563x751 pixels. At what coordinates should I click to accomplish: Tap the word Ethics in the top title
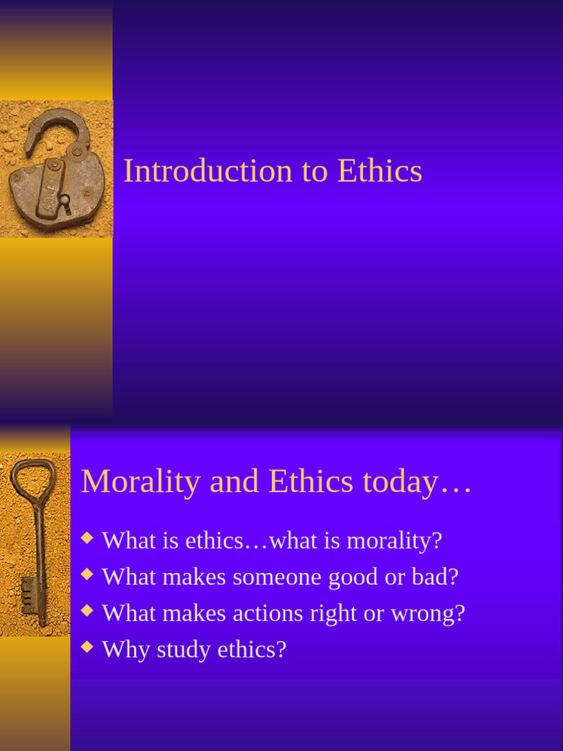click(x=380, y=171)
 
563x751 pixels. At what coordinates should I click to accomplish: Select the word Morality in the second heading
click(x=139, y=482)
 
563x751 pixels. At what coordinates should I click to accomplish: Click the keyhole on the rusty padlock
click(x=65, y=200)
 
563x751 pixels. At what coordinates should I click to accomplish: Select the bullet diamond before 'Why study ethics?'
click(x=87, y=646)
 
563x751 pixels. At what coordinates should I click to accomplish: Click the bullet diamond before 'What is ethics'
click(x=87, y=538)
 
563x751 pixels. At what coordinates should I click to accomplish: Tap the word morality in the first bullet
click(x=394, y=541)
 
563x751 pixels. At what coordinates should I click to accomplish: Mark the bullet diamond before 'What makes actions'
click(x=87, y=610)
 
